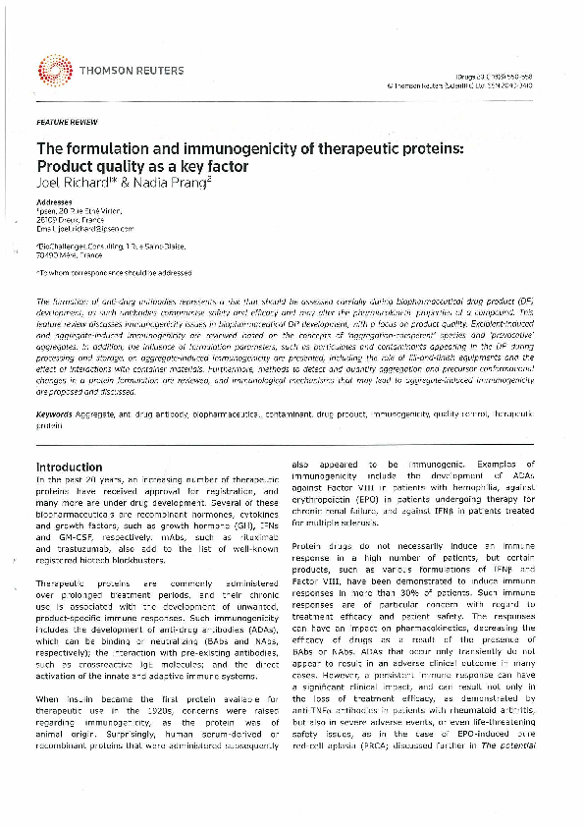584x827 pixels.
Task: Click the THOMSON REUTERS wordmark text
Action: pos(120,69)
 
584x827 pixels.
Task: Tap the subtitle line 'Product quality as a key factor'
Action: pos(141,166)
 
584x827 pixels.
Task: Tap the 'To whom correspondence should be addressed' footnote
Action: pos(114,271)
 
